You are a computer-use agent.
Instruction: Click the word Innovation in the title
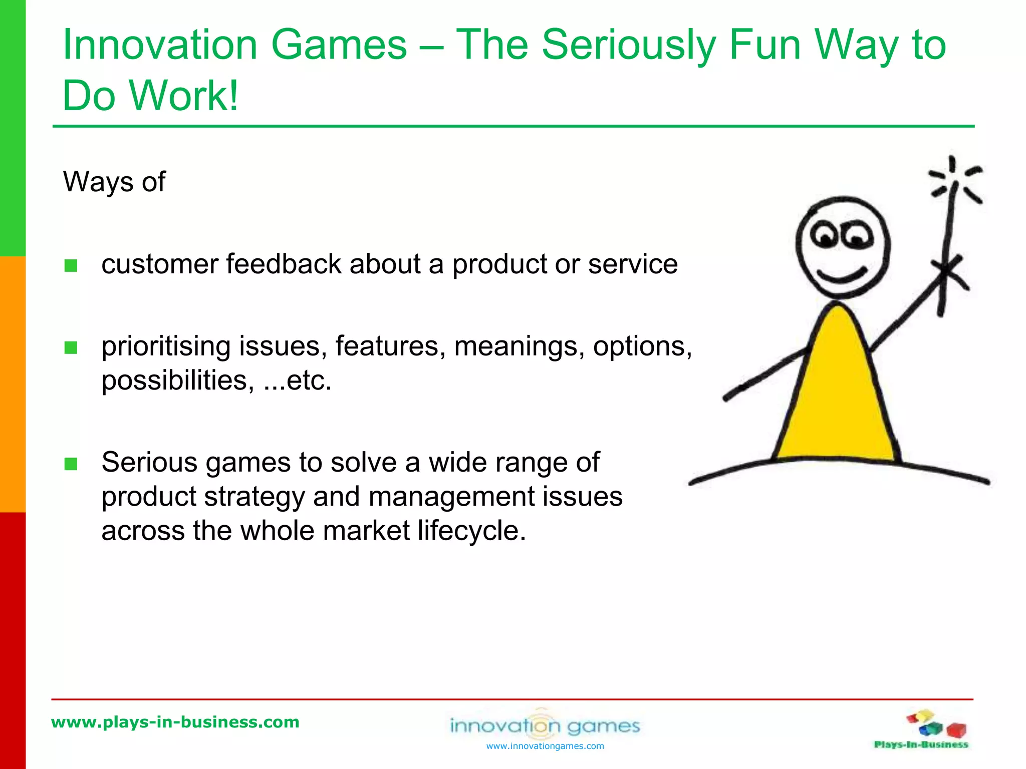[x=159, y=45]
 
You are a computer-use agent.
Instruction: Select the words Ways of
[x=114, y=181]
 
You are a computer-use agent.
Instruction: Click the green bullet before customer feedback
[x=71, y=265]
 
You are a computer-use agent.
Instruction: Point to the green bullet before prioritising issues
[x=71, y=347]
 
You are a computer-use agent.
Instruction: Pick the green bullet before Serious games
[x=71, y=464]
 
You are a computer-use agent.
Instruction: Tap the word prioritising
[x=165, y=347]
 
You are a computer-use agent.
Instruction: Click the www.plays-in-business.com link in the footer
[x=175, y=722]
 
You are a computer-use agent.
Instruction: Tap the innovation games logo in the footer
[x=545, y=725]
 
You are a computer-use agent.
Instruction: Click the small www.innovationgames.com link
[x=545, y=746]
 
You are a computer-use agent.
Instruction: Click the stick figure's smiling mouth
[x=842, y=276]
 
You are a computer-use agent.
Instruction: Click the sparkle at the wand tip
[x=954, y=180]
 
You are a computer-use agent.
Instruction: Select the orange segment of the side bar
[x=13, y=384]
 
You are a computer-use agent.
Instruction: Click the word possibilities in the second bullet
[x=174, y=381]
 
